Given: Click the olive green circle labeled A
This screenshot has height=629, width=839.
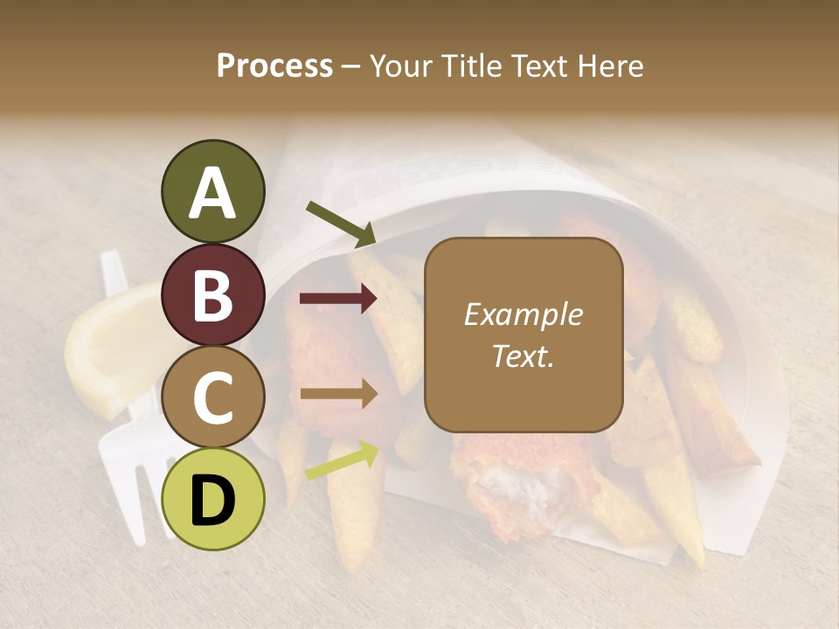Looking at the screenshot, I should pos(212,191).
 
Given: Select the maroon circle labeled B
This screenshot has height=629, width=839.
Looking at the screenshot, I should pos(212,294).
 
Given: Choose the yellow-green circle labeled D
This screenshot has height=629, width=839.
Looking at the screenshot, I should pos(212,499).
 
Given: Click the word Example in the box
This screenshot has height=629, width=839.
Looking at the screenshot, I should pos(524,314).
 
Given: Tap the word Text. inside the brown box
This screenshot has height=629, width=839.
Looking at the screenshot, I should pos(524,356).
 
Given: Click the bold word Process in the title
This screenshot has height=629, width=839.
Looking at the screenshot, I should pos(274,66).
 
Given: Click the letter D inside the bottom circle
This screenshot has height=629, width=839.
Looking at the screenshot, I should pos(212,501).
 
